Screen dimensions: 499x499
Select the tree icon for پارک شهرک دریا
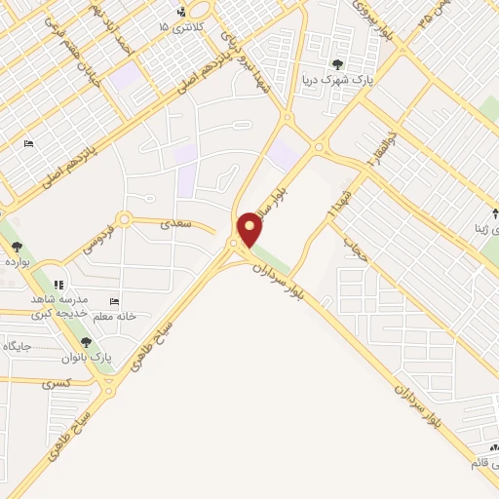(x=337, y=64)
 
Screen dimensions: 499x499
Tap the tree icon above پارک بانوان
(x=87, y=342)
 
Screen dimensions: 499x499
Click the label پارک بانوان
(x=87, y=358)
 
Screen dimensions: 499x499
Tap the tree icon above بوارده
(x=17, y=247)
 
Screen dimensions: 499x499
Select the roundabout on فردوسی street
(x=124, y=219)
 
